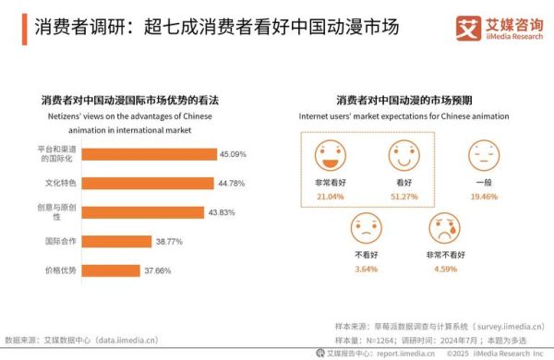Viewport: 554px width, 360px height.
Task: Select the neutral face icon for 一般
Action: pos(480,152)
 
